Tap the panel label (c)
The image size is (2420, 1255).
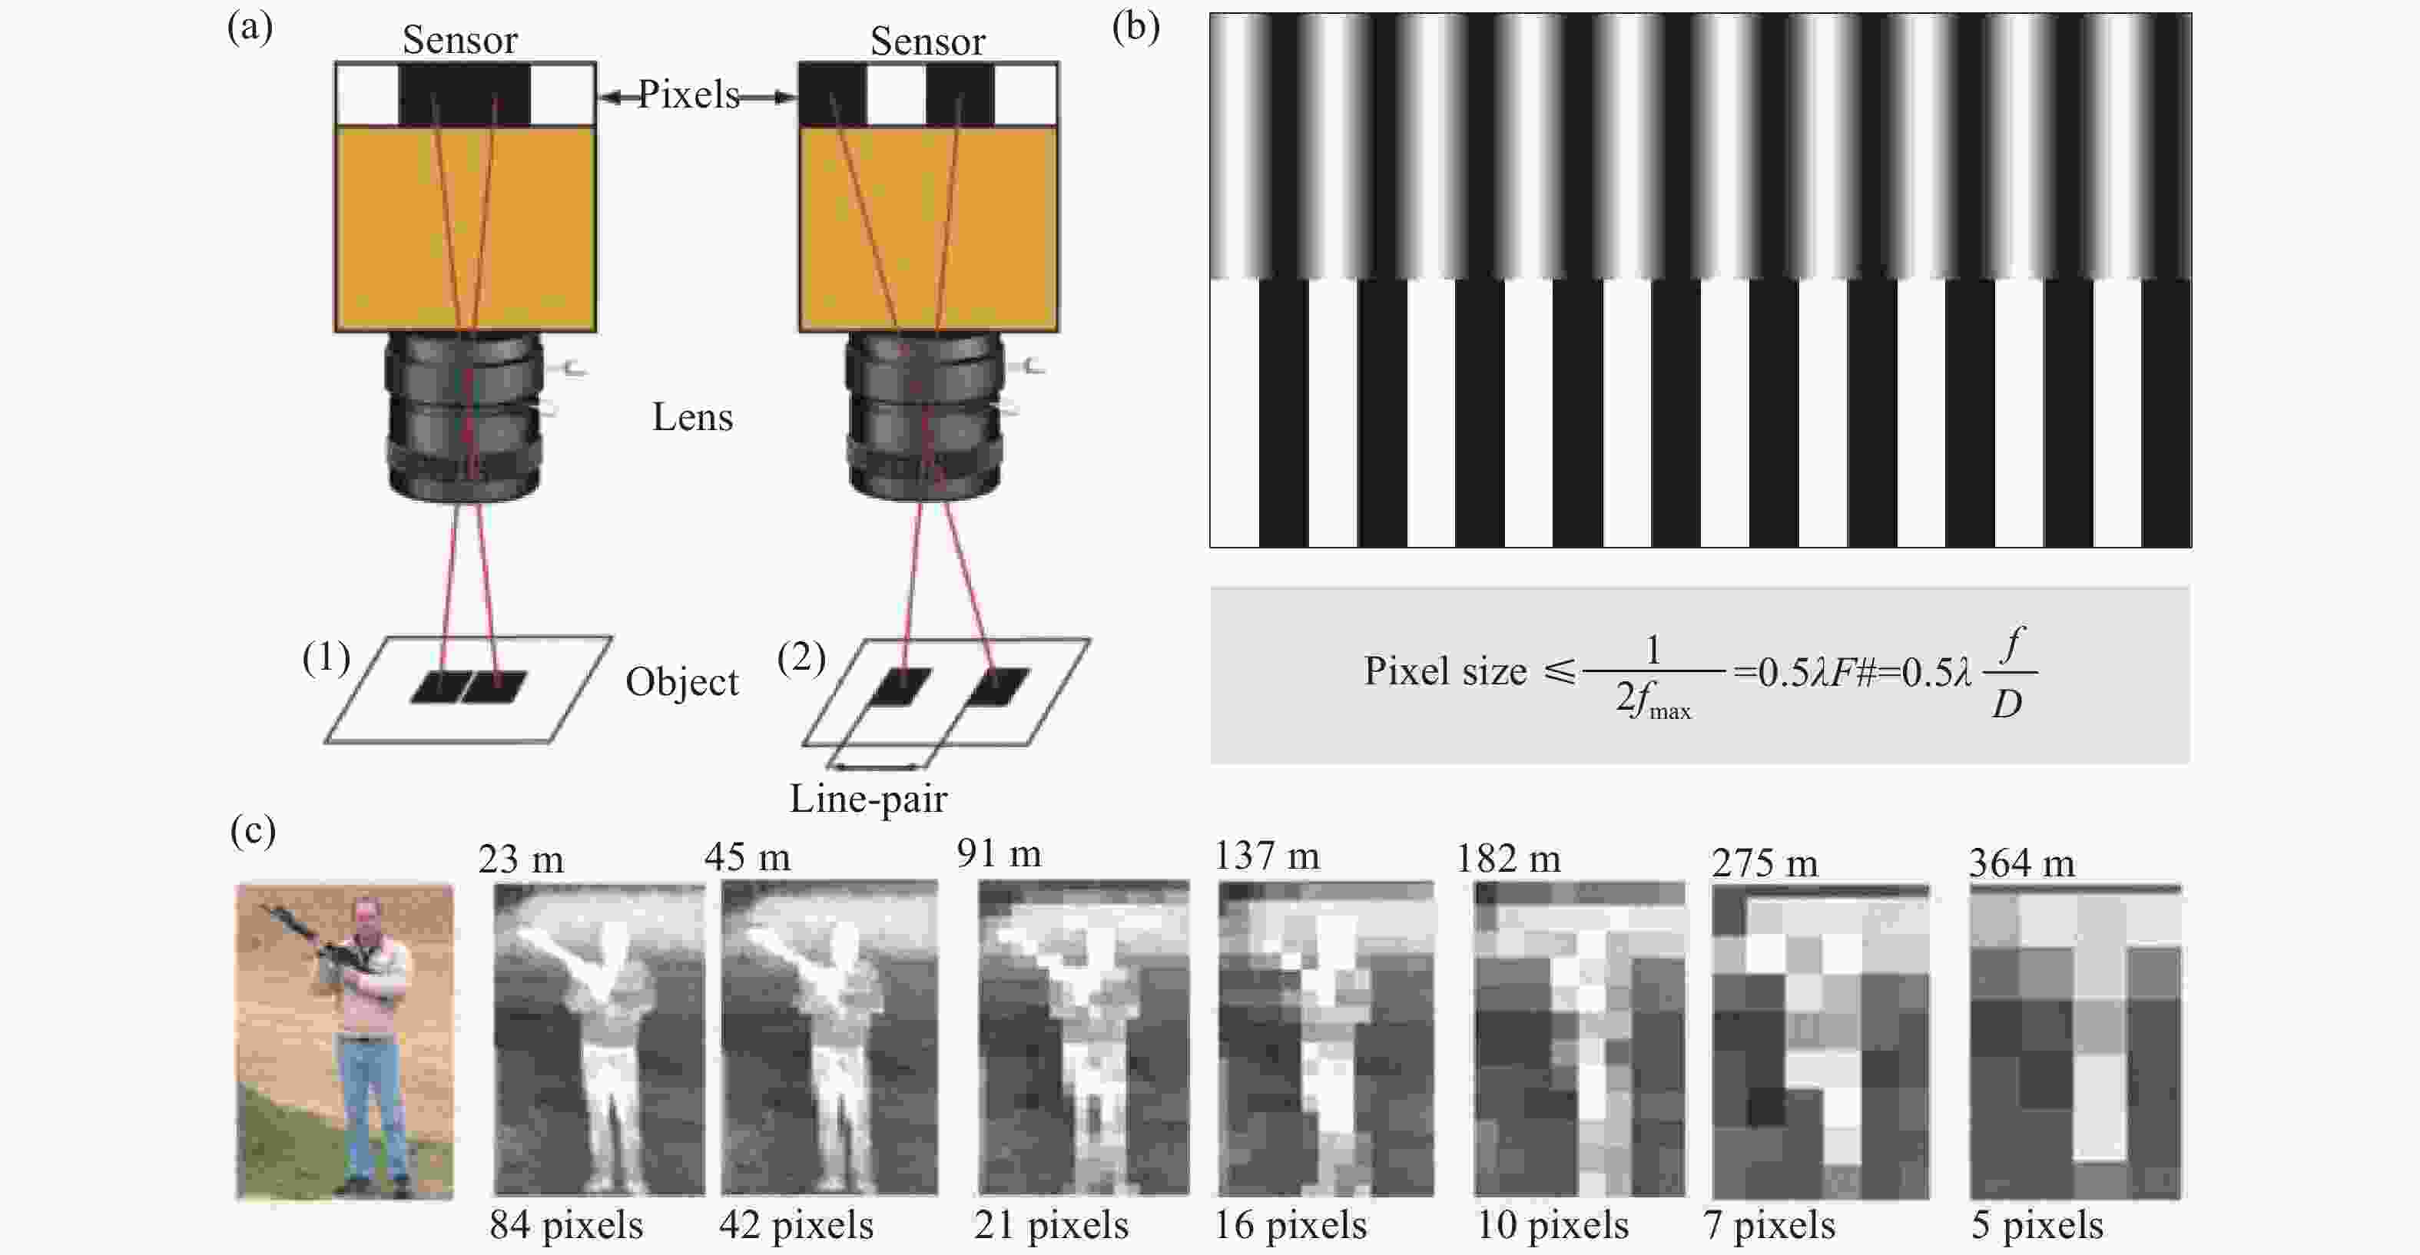(253, 830)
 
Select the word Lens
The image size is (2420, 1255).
(692, 417)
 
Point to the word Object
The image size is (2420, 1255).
(682, 682)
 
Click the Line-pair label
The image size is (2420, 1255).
(868, 799)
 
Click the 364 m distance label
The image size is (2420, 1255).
(2022, 863)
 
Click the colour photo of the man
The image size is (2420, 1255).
(345, 1041)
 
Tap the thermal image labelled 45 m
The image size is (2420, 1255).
(830, 1037)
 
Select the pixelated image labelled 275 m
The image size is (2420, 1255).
(1821, 1041)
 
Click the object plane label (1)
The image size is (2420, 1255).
(326, 657)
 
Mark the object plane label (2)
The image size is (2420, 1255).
(801, 657)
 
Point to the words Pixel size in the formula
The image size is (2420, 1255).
(1445, 671)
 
